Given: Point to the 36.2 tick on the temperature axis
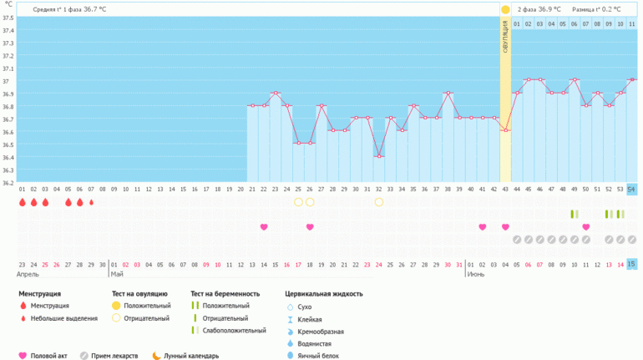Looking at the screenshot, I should (x=8, y=182).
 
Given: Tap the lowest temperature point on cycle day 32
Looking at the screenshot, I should (x=379, y=156).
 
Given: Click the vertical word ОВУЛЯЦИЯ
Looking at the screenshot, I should (x=505, y=38).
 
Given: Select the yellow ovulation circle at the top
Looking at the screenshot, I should (x=505, y=9).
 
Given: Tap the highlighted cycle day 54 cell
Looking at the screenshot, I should (x=631, y=189).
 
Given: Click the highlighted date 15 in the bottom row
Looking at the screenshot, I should (x=631, y=264).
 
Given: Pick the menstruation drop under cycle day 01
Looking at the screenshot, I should (x=23, y=202).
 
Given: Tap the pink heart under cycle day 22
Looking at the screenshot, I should (x=264, y=227).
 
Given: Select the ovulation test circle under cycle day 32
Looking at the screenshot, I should (x=379, y=202).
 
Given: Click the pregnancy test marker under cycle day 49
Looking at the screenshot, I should (x=574, y=215).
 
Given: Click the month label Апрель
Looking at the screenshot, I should (x=28, y=274).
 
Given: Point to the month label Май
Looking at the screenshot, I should (x=117, y=274).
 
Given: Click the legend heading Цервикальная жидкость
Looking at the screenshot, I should (x=323, y=294).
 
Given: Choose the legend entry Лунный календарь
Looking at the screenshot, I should (x=190, y=356).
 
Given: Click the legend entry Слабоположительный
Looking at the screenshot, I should (x=230, y=331).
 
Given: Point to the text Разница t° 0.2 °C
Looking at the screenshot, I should (x=596, y=9).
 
